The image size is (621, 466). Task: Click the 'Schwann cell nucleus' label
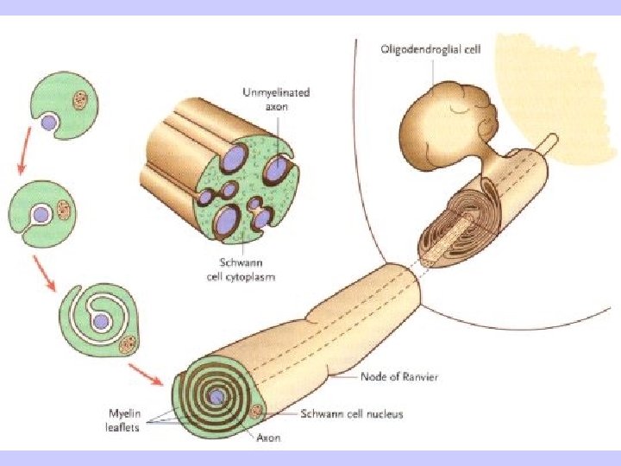(351, 414)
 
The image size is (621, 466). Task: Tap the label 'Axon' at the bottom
(268, 438)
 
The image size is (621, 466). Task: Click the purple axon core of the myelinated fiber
(216, 398)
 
